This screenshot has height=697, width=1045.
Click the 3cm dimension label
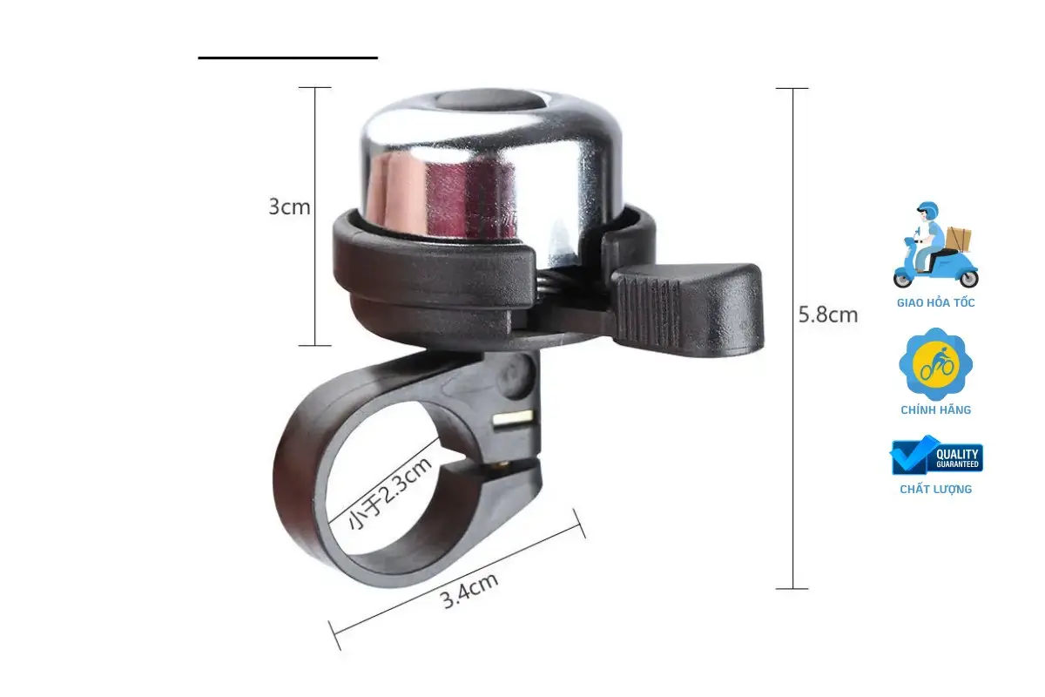pyautogui.click(x=289, y=206)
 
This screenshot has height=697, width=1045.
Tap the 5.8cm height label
pyautogui.click(x=828, y=315)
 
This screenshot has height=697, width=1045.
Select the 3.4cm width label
pyautogui.click(x=469, y=591)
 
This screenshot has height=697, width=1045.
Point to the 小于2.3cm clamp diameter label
pyautogui.click(x=390, y=493)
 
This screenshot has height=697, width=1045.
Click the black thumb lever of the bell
pyautogui.click(x=688, y=308)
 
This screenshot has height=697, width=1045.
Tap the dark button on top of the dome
pyautogui.click(x=488, y=100)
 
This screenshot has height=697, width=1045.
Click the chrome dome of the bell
pyautogui.click(x=489, y=168)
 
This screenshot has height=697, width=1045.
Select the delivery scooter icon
pyautogui.click(x=935, y=245)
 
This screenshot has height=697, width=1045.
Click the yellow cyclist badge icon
pyautogui.click(x=935, y=364)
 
